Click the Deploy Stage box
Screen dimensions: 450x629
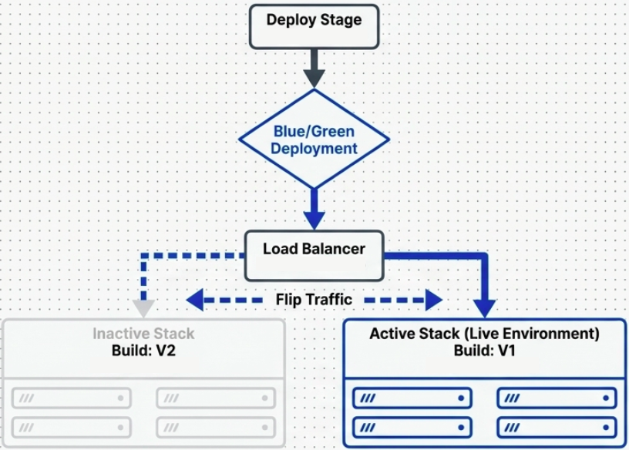point(314,25)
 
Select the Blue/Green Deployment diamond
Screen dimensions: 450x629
point(314,139)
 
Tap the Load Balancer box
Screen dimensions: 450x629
point(314,254)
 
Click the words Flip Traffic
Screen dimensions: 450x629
point(314,299)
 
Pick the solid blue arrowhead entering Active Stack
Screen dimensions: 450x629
point(485,307)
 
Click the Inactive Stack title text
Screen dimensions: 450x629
point(144,334)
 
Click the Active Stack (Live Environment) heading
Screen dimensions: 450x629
point(484,334)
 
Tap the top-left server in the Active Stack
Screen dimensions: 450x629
point(413,398)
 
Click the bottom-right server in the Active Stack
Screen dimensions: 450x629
point(557,427)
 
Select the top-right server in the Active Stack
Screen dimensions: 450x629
point(557,398)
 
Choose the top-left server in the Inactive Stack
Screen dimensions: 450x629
point(72,398)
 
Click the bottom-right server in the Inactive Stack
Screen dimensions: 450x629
point(216,426)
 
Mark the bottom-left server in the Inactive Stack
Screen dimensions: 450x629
point(72,426)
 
